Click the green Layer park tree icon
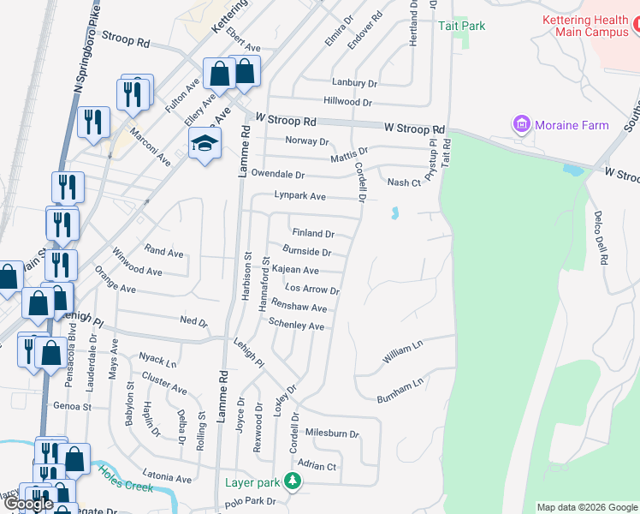293,481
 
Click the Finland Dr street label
312,233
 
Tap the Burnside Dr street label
306,252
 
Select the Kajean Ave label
295,270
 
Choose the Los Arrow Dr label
311,290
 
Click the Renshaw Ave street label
299,308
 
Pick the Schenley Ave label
296,326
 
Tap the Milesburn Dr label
332,433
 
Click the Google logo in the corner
28,504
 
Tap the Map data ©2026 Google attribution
586,507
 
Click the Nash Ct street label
404,182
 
